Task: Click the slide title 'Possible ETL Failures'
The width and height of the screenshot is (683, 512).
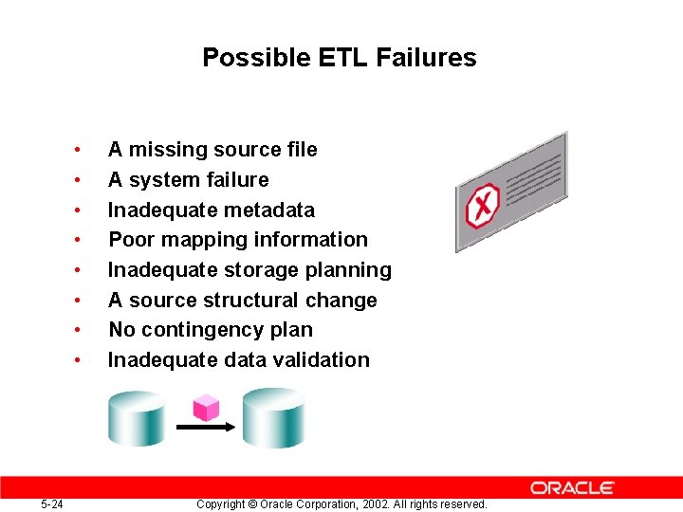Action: pos(339,58)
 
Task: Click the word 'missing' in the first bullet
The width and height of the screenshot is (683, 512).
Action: pos(163,150)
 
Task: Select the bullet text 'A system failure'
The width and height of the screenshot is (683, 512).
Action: pos(188,180)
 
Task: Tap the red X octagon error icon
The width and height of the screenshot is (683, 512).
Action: pos(483,205)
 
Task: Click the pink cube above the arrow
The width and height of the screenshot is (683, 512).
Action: pos(206,408)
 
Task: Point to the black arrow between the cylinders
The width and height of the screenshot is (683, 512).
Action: pos(206,428)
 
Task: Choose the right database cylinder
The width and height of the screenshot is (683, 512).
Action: pos(273,417)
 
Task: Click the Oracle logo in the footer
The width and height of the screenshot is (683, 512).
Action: pos(572,487)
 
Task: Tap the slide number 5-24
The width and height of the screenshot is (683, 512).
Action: pos(52,503)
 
